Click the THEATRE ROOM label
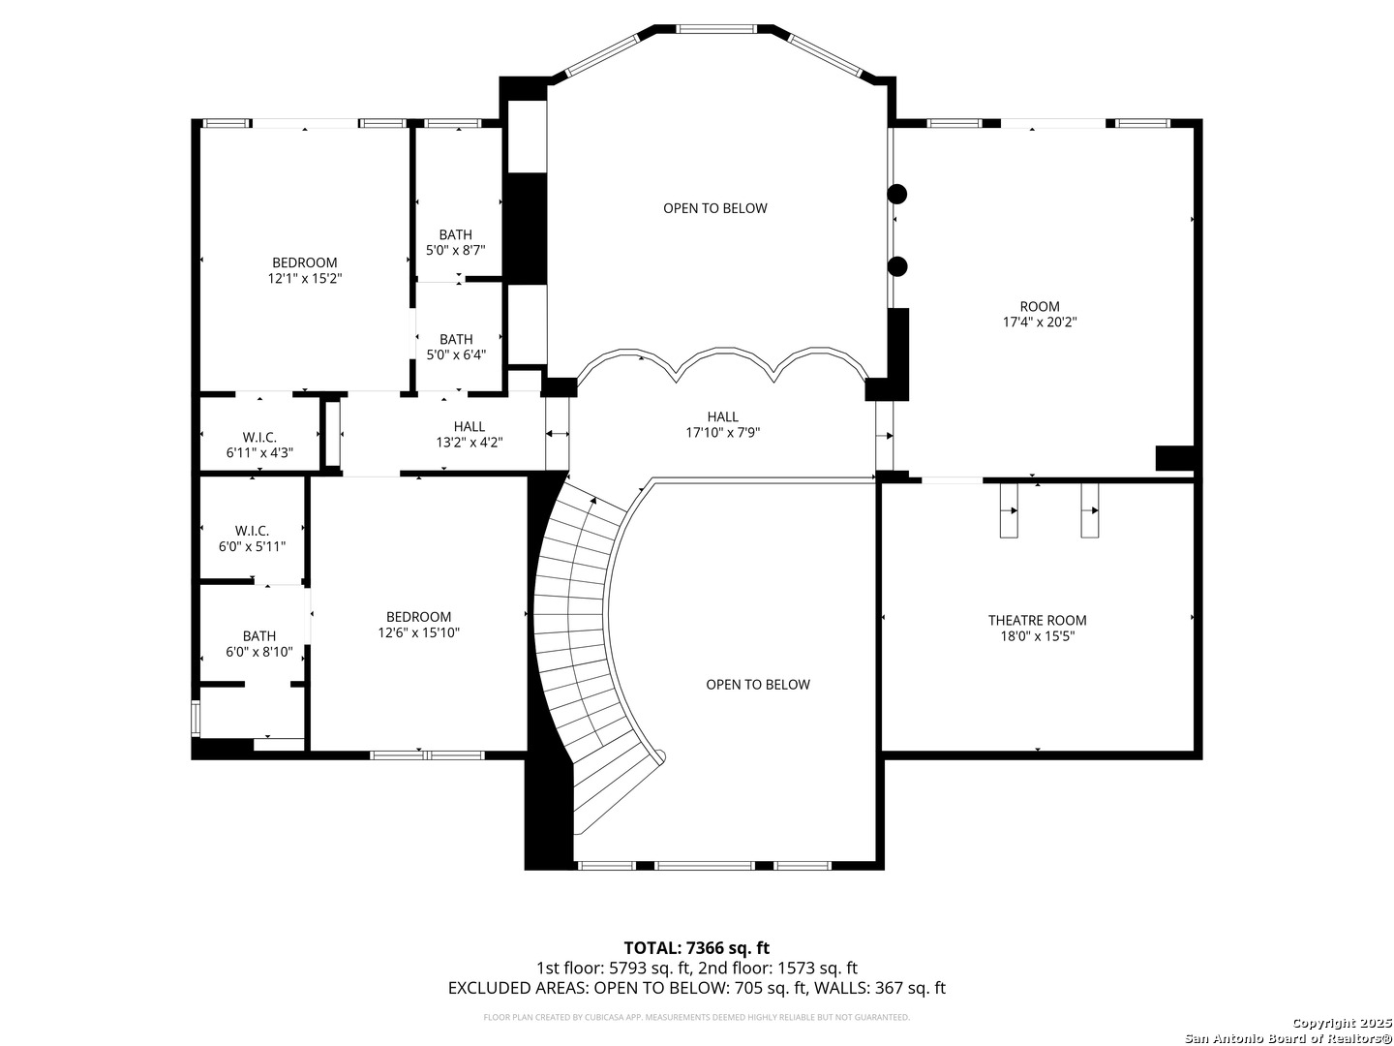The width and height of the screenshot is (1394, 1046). pyautogui.click(x=1037, y=620)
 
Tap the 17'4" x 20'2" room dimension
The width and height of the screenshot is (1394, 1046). pyautogui.click(x=1039, y=322)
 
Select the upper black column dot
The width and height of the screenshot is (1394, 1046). pyautogui.click(x=896, y=195)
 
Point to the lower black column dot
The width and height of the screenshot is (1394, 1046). pyautogui.click(x=896, y=266)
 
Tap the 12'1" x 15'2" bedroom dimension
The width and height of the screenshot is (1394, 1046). pyautogui.click(x=305, y=278)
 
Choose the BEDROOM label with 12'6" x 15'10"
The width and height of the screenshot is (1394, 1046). pyautogui.click(x=418, y=617)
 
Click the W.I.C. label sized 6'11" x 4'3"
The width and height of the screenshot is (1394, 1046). pyautogui.click(x=259, y=437)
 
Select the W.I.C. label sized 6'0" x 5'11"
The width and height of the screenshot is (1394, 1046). pyautogui.click(x=252, y=531)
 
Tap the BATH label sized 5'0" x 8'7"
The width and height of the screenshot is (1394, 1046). pyautogui.click(x=455, y=234)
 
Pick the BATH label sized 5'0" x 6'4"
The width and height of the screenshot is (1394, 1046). pyautogui.click(x=455, y=339)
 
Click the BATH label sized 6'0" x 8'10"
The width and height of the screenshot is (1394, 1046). pyautogui.click(x=259, y=635)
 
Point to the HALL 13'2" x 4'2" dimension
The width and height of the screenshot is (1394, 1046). pyautogui.click(x=470, y=442)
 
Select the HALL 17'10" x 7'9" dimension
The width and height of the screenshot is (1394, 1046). pyautogui.click(x=723, y=433)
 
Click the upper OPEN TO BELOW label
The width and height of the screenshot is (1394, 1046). pyautogui.click(x=715, y=208)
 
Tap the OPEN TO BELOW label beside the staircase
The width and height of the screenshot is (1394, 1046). pyautogui.click(x=758, y=685)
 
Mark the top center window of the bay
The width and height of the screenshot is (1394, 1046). pyautogui.click(x=715, y=29)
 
